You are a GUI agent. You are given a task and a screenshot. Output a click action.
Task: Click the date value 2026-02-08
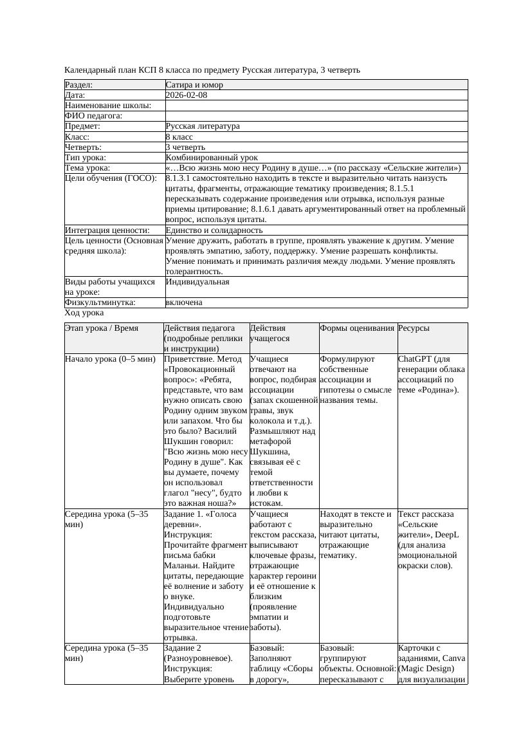coord(187,95)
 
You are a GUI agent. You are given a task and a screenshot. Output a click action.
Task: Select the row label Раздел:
coord(79,85)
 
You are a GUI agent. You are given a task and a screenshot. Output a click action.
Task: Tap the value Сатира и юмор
coord(194,85)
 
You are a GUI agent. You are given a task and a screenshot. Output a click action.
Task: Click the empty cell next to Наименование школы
coord(316,106)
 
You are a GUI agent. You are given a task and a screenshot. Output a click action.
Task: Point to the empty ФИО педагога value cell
coord(316,116)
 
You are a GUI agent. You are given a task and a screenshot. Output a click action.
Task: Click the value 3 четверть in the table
coord(186,147)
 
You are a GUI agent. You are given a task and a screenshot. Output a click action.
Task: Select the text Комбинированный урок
coord(212,158)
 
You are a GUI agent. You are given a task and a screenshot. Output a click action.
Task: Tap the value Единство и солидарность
coord(214,230)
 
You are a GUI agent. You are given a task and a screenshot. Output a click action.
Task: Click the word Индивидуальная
coord(197,282)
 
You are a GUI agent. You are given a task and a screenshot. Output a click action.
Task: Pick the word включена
coord(184,302)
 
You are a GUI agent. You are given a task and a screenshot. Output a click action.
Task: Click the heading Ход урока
coord(84,313)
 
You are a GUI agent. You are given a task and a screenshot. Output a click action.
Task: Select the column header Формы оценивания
coord(357,328)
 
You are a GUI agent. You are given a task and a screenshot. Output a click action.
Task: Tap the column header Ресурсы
coord(414,328)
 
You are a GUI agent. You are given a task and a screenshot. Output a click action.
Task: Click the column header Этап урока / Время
coord(102,328)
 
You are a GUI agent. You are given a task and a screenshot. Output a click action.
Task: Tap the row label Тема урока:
coord(87,168)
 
